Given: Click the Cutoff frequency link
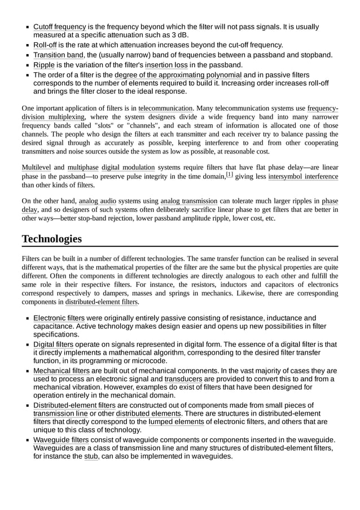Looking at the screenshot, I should pos(59,27).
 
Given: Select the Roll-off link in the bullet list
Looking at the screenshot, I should pos(45,45).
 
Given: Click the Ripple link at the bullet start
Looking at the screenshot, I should pos(44,64).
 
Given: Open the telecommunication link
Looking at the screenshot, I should pos(165,108).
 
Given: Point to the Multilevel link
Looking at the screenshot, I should pos(36,167).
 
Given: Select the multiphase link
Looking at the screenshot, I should pos(83,167).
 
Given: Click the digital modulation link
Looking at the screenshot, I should pos(128,167).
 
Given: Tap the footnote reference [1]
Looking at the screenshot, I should pos(229,175).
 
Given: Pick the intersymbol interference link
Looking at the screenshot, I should pos(303,177).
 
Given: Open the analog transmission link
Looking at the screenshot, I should pos(188,200).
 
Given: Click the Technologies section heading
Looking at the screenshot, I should pos(51,238).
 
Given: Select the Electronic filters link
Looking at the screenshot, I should pos(59,318).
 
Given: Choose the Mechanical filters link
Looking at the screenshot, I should pos(62,370).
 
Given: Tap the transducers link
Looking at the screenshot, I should pos(183,379).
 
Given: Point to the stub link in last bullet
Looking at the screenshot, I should pos(91,456).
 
